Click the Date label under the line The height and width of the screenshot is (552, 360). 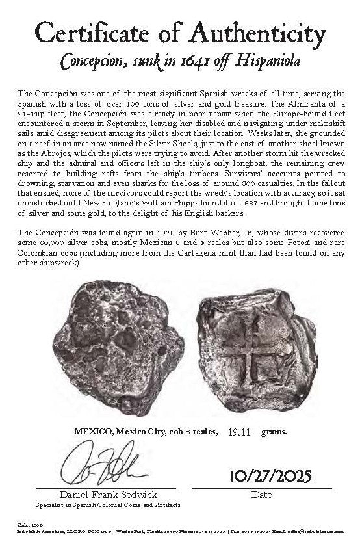tap(262, 495)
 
